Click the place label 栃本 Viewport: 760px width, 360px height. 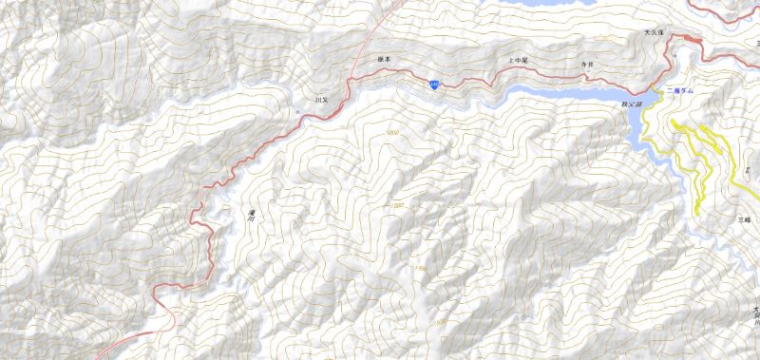pos(384,59)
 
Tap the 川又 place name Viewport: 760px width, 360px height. pos(320,99)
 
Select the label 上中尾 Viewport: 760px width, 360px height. pos(519,60)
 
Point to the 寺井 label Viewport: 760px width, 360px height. pos(586,64)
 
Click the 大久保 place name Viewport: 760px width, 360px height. pos(653,32)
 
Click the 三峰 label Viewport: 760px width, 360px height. pos(744,219)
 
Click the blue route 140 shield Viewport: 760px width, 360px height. pos(433,86)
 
